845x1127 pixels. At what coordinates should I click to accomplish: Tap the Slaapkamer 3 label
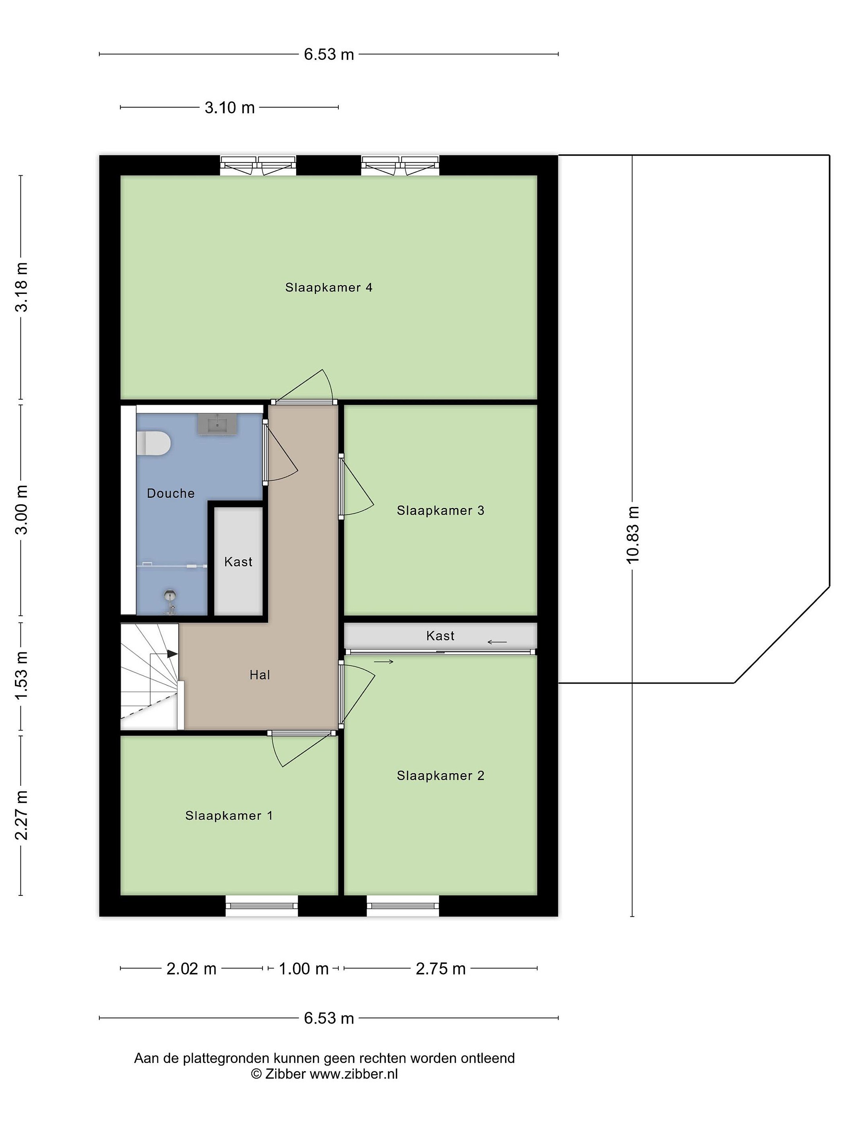pyautogui.click(x=440, y=511)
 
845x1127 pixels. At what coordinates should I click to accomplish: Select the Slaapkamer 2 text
pyautogui.click(x=440, y=776)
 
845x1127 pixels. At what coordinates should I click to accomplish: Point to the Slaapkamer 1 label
pyautogui.click(x=229, y=816)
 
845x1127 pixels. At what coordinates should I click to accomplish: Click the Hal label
pyautogui.click(x=260, y=675)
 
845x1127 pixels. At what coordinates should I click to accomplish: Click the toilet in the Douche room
pyautogui.click(x=153, y=443)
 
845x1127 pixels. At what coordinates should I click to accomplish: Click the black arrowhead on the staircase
pyautogui.click(x=172, y=654)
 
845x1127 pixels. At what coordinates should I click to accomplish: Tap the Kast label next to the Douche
pyautogui.click(x=238, y=562)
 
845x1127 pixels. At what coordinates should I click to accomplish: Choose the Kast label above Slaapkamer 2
pyautogui.click(x=440, y=636)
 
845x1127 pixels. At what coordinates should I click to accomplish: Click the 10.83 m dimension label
pyautogui.click(x=632, y=535)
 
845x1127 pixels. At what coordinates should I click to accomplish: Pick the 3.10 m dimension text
pyautogui.click(x=230, y=108)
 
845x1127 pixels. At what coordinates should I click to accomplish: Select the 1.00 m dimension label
pyautogui.click(x=304, y=969)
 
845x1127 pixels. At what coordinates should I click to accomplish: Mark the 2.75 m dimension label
pyautogui.click(x=440, y=969)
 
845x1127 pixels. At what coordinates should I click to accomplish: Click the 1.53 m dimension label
pyautogui.click(x=21, y=675)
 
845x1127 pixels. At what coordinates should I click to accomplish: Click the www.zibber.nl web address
pyautogui.click(x=354, y=1074)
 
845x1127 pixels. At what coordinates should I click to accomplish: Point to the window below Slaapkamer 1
pyautogui.click(x=262, y=906)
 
